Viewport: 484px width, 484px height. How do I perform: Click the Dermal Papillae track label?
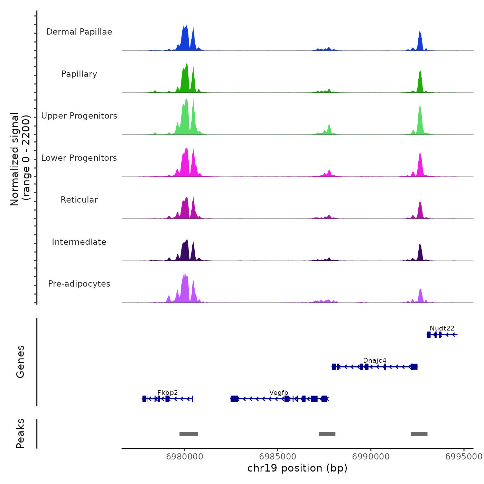tap(79, 32)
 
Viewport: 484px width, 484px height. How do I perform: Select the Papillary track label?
tap(79, 74)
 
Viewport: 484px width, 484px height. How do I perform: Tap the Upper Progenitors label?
tap(79, 116)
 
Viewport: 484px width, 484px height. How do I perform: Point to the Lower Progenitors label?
tap(79, 158)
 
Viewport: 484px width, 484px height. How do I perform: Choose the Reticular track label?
tap(79, 200)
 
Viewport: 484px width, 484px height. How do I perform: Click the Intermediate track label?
tap(79, 242)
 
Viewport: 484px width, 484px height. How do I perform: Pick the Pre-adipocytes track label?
tap(79, 284)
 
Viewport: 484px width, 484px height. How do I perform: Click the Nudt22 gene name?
tap(442, 328)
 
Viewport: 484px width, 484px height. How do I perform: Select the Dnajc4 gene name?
tap(375, 360)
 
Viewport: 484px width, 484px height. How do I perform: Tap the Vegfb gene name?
tap(279, 392)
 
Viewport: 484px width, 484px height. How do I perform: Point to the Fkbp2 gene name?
tap(168, 392)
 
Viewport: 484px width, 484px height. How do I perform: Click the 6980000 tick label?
tap(185, 456)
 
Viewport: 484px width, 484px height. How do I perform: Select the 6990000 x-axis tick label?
tap(371, 456)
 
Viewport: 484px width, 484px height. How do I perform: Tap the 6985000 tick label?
tap(278, 456)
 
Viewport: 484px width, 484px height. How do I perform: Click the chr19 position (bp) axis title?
tap(297, 468)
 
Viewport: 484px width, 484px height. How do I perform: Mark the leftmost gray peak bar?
tap(188, 434)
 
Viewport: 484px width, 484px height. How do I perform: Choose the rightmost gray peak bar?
tap(419, 434)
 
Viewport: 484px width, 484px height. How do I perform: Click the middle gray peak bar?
tap(327, 434)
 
